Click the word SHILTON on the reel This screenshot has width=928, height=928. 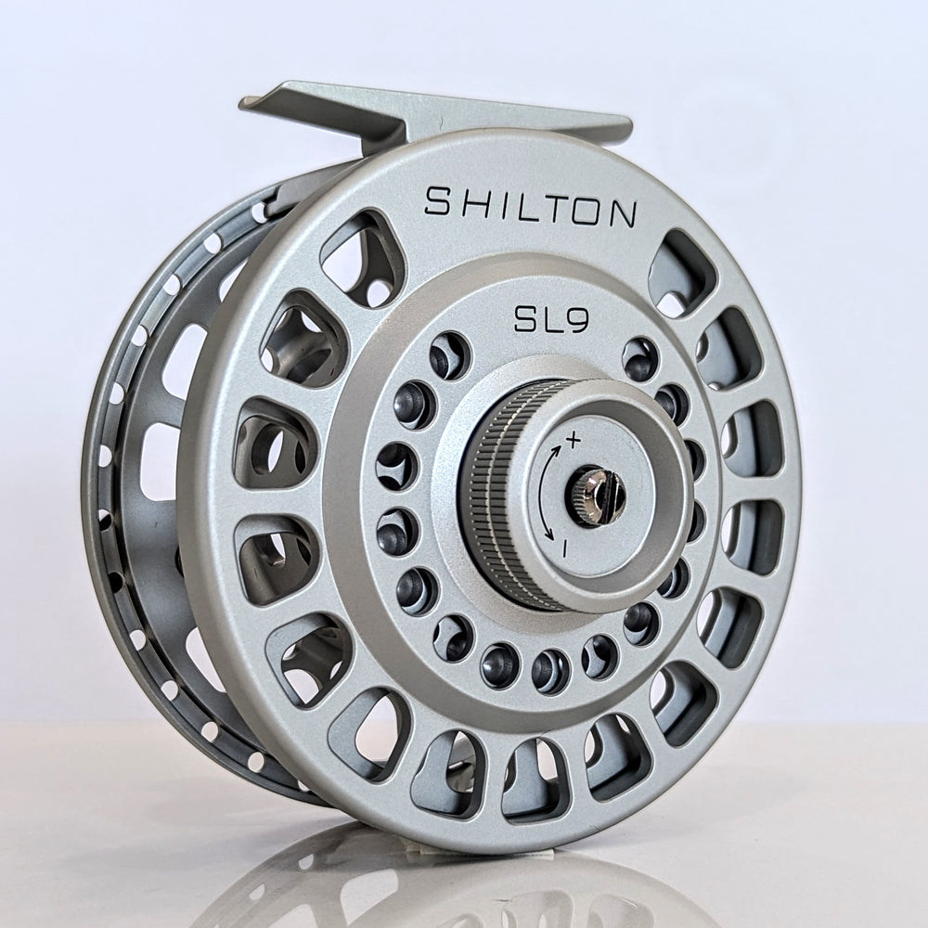pos(530,204)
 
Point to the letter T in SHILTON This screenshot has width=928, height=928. pos(549,206)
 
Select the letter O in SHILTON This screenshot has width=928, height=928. pos(585,210)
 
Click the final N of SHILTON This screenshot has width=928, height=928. pos(621,214)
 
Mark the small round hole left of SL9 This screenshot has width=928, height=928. pos(450,354)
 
